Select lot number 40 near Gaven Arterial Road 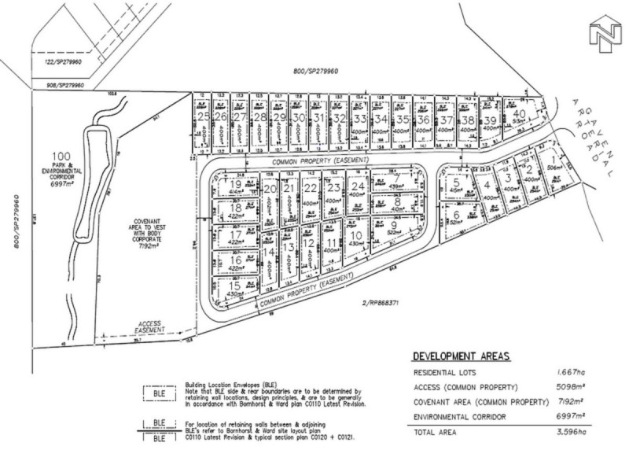coord(519,113)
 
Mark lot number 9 coord(392,227)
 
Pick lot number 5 coord(456,185)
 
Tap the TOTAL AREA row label coord(439,433)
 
